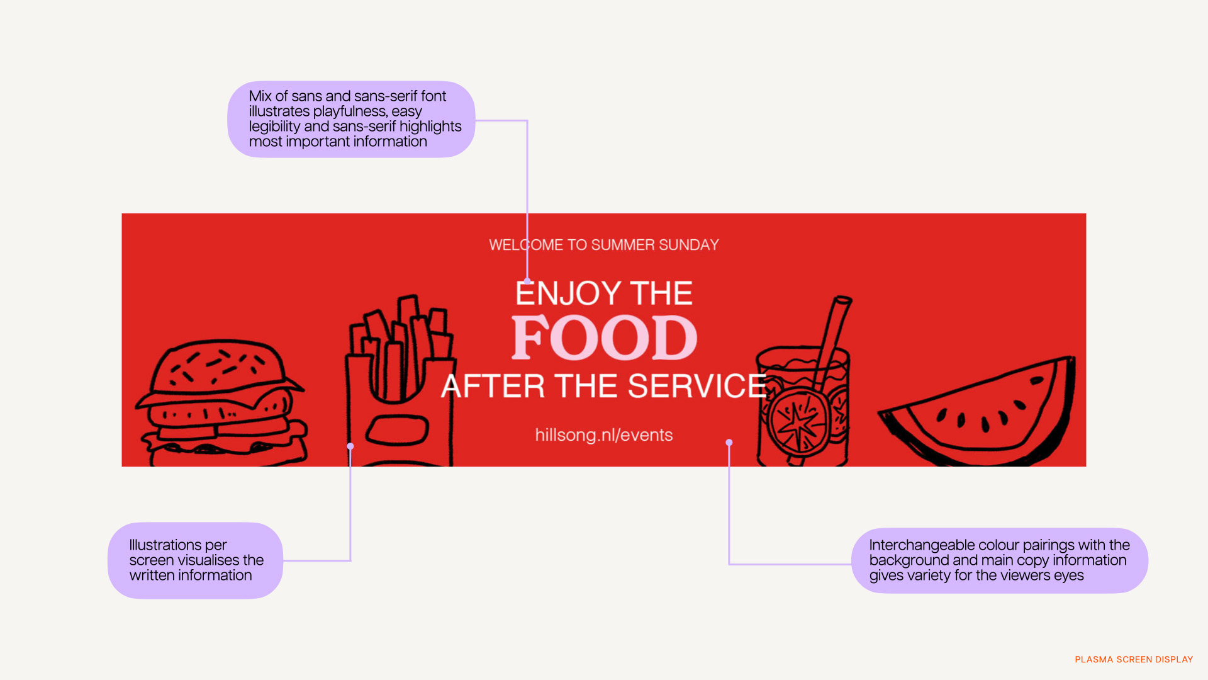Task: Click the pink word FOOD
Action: pos(604,338)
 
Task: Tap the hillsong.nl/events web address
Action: pos(604,435)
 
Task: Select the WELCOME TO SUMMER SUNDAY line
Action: pos(604,245)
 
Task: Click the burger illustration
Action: pos(220,403)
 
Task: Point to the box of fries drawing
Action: pos(400,384)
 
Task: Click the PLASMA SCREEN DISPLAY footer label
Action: pos(1134,659)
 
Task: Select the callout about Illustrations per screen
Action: pos(195,560)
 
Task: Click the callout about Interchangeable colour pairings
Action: pos(999,560)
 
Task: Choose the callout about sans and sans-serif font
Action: pos(351,119)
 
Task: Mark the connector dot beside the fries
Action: pos(350,446)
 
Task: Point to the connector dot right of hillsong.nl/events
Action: pos(729,443)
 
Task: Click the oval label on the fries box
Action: pos(398,431)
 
